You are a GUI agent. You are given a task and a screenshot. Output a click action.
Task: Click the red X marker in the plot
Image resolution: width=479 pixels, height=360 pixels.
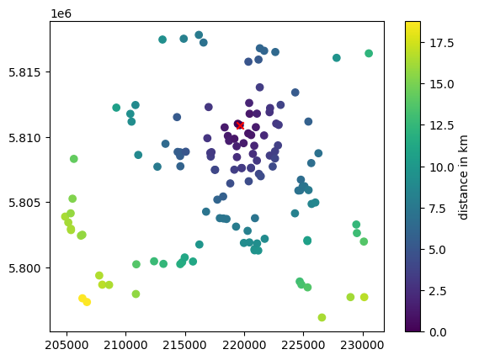coord(240,125)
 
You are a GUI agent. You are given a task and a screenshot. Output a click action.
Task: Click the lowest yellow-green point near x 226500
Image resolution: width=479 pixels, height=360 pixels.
coord(322,317)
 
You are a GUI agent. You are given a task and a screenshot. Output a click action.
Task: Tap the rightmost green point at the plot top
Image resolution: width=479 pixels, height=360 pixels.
coord(369,54)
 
